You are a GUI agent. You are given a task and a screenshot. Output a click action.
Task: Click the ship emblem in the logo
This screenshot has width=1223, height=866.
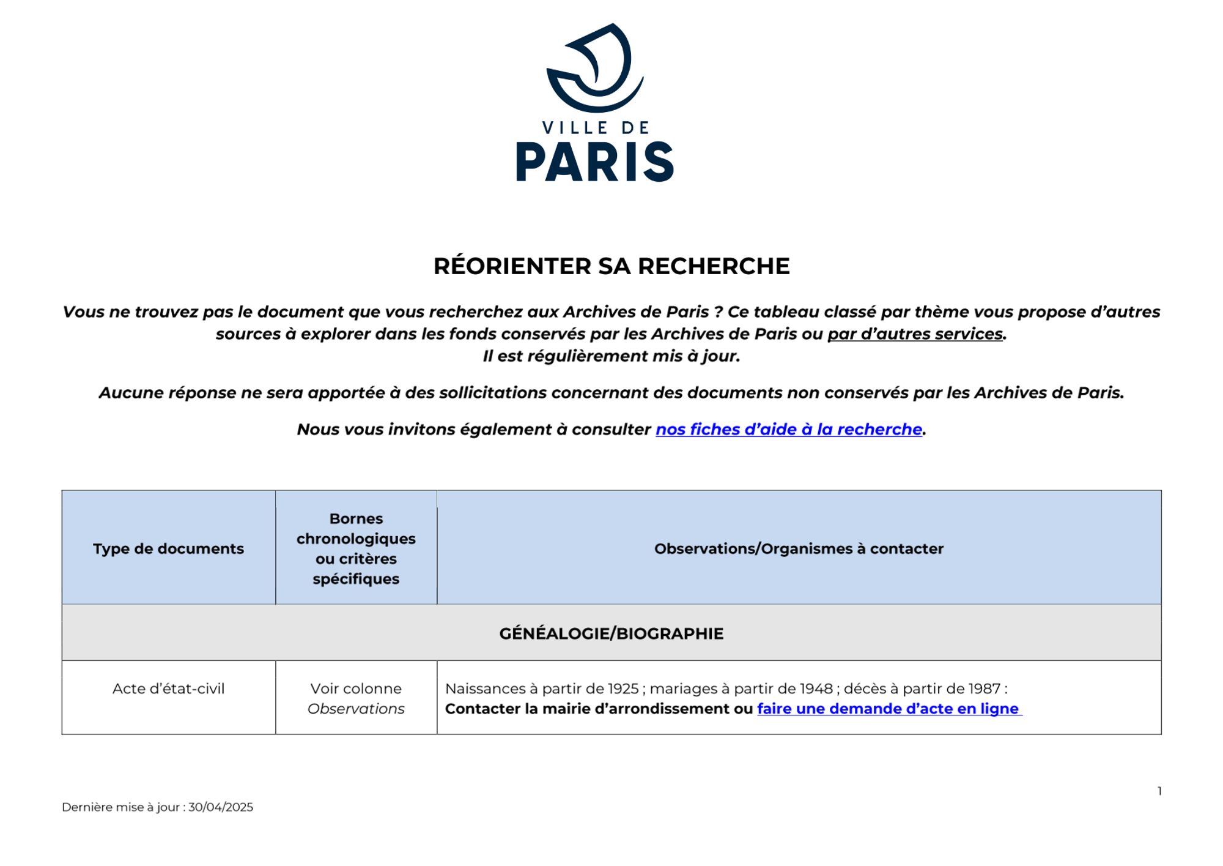(x=595, y=67)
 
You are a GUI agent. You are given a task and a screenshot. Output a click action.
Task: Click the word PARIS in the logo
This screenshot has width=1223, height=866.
(x=595, y=162)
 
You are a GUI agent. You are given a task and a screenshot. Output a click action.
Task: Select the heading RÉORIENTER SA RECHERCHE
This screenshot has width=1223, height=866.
(x=611, y=266)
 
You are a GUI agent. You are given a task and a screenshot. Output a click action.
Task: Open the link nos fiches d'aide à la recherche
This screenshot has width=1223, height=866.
(x=789, y=429)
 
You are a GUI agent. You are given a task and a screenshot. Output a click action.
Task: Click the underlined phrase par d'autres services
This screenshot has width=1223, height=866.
(x=915, y=334)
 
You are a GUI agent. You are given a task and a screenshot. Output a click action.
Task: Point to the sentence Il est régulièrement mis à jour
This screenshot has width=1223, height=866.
(x=611, y=356)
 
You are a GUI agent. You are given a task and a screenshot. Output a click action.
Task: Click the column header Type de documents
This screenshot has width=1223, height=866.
(x=168, y=548)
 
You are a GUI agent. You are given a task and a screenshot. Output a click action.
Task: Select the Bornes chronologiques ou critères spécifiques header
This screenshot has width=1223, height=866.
(x=356, y=548)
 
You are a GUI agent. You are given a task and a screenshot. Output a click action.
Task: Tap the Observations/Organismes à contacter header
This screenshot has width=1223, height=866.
(x=799, y=548)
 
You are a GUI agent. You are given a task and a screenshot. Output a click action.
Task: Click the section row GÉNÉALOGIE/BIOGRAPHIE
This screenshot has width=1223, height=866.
(x=611, y=633)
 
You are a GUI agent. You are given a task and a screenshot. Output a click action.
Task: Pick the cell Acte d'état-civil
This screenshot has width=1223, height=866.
(x=168, y=689)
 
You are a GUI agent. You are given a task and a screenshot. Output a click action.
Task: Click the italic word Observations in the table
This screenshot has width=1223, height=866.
(x=356, y=709)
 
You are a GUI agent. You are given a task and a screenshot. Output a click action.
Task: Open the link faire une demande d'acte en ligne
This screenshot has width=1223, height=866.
(x=888, y=709)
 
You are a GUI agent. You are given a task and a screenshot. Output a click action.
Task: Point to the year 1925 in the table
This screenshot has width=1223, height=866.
(x=623, y=689)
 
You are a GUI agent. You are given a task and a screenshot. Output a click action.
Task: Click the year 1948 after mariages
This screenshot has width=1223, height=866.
(x=817, y=689)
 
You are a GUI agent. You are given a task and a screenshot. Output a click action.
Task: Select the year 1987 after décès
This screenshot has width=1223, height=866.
(x=985, y=689)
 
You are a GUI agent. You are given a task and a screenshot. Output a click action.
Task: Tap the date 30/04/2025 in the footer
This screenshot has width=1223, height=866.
(x=221, y=807)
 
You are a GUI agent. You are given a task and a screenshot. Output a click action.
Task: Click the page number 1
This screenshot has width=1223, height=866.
(x=1159, y=791)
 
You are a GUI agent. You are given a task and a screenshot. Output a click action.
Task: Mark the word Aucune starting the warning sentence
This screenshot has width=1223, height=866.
(x=131, y=392)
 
